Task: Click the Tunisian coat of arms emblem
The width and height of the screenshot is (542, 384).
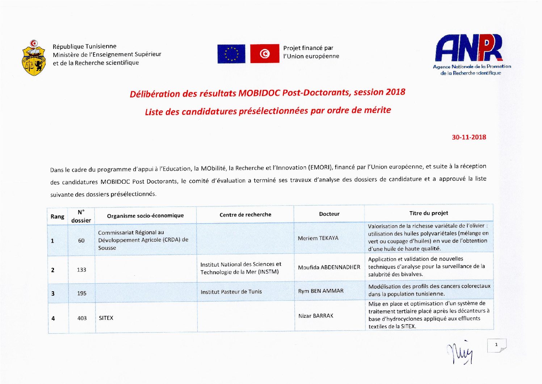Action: point(34,58)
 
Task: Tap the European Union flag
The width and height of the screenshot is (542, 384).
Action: point(231,54)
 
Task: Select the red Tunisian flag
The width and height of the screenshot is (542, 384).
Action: point(265,54)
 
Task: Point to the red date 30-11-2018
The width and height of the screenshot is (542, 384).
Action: point(469,137)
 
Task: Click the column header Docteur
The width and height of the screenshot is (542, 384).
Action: point(329,214)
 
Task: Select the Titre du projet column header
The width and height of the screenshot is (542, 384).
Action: point(429,213)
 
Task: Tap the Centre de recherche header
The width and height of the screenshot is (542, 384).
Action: point(245,214)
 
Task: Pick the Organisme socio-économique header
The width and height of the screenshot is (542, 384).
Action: point(145,216)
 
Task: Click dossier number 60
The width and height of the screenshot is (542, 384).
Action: point(81,241)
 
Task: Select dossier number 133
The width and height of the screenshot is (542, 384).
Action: point(81,270)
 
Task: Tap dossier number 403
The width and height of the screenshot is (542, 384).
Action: point(82,318)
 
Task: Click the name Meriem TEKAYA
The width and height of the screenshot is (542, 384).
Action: point(318,238)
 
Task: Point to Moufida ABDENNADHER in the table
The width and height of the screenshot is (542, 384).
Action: point(329,267)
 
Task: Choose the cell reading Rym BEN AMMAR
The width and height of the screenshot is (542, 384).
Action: point(320,291)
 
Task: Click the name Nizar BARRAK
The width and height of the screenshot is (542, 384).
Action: point(316,316)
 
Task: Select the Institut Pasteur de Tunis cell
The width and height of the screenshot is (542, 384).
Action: point(231,292)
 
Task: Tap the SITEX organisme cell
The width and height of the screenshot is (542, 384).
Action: point(106,318)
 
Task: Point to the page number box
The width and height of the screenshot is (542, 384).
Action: point(497,345)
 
